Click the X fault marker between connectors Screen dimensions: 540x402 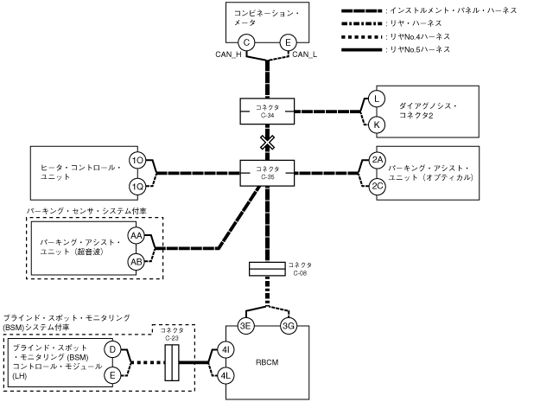pos(267,143)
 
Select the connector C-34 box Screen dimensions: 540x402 pos(267,112)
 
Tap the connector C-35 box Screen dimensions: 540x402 pos(267,173)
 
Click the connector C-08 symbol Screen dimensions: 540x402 pos(267,269)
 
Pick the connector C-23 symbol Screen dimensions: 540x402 pos(172,362)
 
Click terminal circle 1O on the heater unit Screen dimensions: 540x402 pos(137,161)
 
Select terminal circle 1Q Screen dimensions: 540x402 pos(137,187)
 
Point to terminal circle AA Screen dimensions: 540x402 pos(137,236)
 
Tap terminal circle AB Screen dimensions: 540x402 pos(137,262)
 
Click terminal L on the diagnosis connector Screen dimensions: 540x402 pos(377,99)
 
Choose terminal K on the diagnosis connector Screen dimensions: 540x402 pos(377,124)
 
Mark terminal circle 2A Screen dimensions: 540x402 pos(378,160)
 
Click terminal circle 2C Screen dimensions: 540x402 pos(378,187)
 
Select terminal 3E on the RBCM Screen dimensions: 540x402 pos(245,326)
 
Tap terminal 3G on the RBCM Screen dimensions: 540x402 pos(289,326)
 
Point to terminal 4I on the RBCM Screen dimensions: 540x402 pos(226,350)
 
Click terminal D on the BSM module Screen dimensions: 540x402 pos(112,349)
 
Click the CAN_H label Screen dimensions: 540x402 pos(228,54)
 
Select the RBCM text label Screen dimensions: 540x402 pos(267,362)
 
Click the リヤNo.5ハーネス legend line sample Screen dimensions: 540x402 pos(362,50)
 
